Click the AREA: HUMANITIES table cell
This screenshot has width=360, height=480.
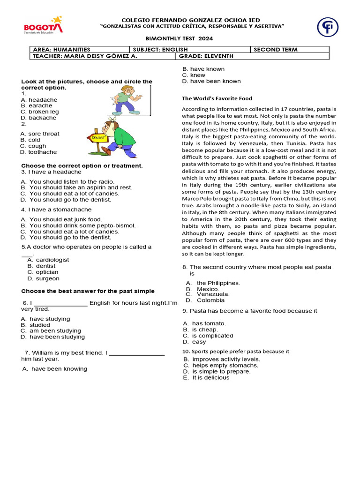pos(80,50)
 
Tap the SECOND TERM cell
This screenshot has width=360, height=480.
pos(290,50)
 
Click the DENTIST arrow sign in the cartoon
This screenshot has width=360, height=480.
pos(98,138)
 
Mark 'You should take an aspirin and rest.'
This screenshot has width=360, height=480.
pos(76,187)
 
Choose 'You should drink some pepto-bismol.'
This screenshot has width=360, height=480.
pos(78,225)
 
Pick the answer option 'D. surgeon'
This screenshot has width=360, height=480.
pos(44,278)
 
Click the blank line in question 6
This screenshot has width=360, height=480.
pos(61,303)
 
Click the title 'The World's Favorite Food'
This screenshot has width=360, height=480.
pos(217,98)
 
